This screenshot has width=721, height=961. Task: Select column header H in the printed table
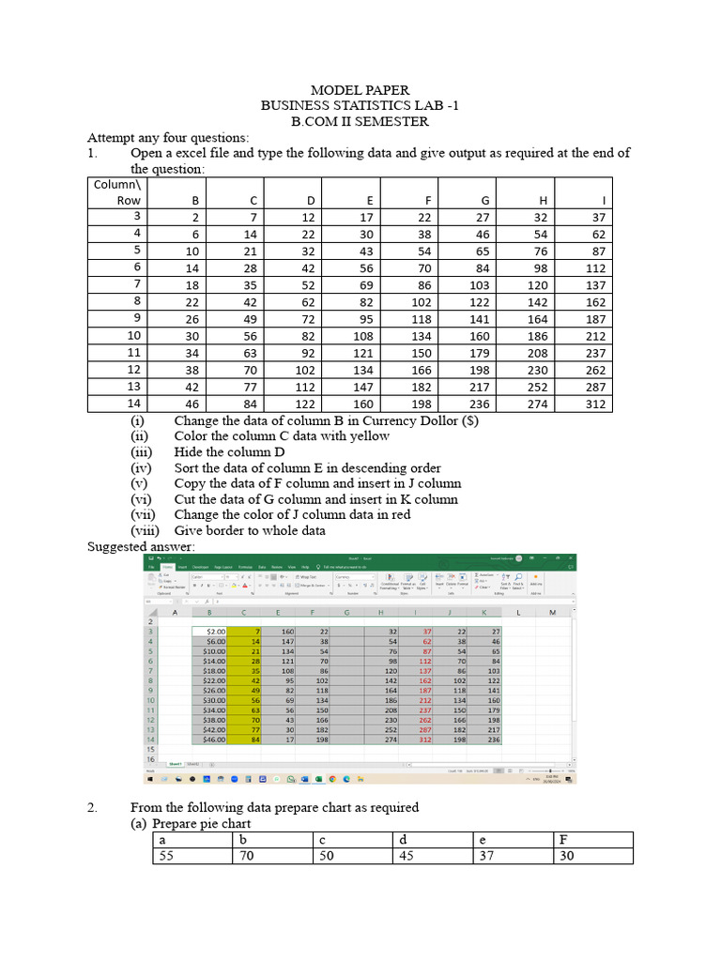(x=543, y=200)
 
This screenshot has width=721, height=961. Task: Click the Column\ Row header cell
(x=115, y=192)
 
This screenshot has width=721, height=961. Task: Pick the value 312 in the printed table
(x=594, y=404)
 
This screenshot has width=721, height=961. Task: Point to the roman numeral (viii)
(x=145, y=530)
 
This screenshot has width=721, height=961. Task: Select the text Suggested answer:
(x=141, y=546)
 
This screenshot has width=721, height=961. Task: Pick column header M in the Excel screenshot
(x=552, y=613)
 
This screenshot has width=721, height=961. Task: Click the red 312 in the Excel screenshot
(x=426, y=740)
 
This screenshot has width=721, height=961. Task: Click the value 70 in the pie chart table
(x=247, y=856)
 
